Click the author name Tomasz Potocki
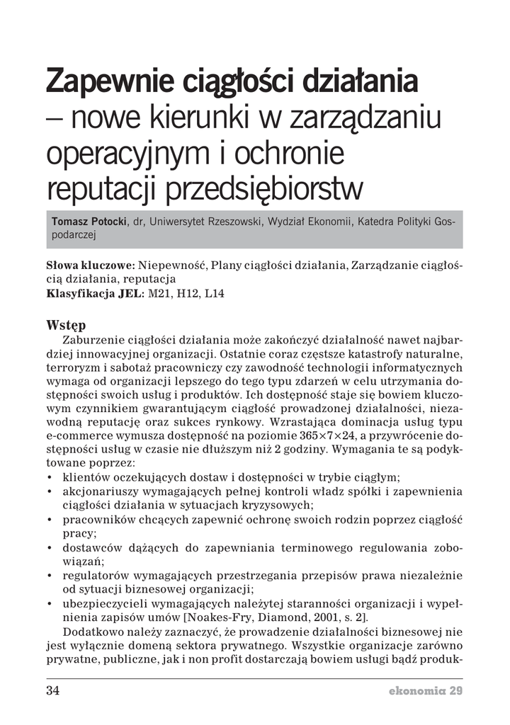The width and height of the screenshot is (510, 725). [x=89, y=222]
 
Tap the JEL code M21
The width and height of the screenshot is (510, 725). [x=159, y=294]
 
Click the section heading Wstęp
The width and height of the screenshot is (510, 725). [x=66, y=325]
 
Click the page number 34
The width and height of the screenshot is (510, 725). [x=54, y=690]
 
